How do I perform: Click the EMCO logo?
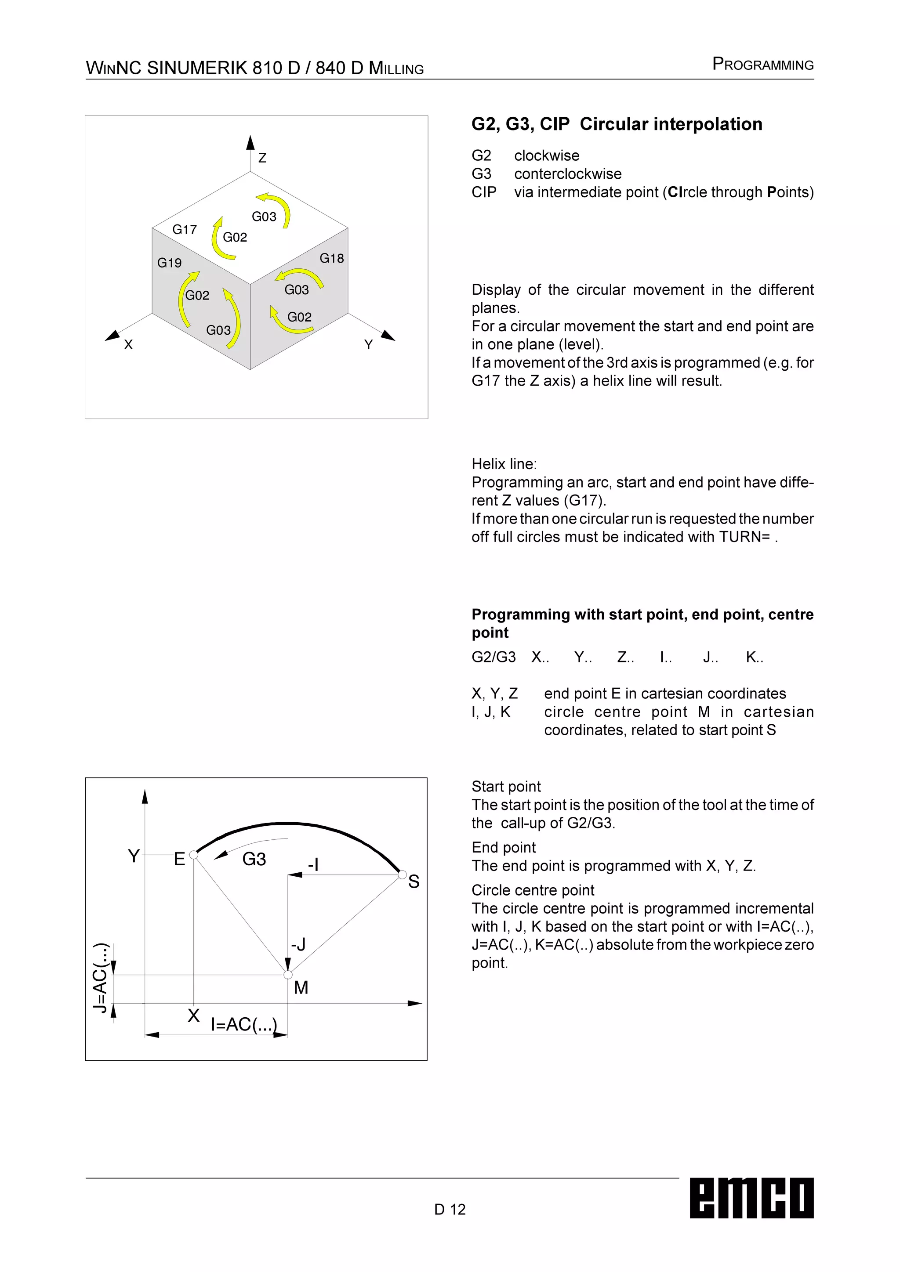[751, 1197]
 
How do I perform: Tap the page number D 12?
[450, 1209]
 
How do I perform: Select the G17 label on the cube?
[185, 229]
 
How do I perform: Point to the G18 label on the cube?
[331, 258]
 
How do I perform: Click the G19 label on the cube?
[169, 263]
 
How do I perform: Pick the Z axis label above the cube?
[262, 158]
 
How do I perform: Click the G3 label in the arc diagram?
[254, 859]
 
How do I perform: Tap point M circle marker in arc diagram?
[288, 975]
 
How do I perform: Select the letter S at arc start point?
[414, 882]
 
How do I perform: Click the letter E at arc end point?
[179, 859]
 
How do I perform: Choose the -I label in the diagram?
[313, 864]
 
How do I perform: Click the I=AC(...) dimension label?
[243, 1024]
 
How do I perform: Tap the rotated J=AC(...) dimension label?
[100, 978]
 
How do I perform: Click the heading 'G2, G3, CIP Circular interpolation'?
[616, 124]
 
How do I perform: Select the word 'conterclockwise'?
[567, 174]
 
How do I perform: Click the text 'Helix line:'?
[504, 464]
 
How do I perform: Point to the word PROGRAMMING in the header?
[762, 64]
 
